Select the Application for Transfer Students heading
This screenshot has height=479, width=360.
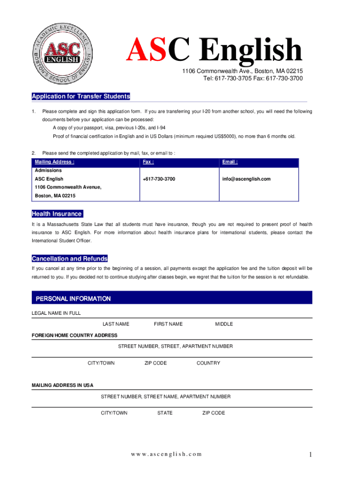[81, 96]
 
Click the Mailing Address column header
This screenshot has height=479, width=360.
[55, 162]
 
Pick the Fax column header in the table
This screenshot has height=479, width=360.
[149, 162]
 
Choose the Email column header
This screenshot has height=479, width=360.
[230, 162]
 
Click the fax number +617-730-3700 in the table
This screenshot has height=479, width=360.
[159, 179]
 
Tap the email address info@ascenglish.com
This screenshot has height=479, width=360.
[246, 179]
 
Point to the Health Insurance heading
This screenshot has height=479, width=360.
[57, 214]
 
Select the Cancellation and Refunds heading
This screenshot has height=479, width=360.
[70, 259]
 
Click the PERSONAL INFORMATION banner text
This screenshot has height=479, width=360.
[73, 298]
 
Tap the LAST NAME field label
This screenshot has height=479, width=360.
[116, 324]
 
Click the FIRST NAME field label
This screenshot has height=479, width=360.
[168, 324]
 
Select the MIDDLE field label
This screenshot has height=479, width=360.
[224, 324]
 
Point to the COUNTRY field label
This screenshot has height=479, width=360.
[209, 363]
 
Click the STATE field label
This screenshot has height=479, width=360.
[165, 413]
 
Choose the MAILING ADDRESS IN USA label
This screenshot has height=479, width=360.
[62, 385]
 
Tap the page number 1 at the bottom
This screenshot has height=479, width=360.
[310, 454]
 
